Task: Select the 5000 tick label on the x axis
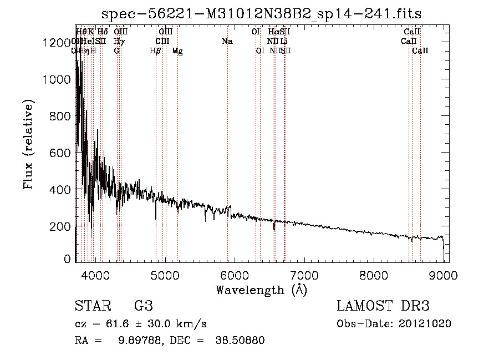tap(165, 275)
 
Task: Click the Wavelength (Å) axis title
tap(261, 290)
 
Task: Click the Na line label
tap(227, 41)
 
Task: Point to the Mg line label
tap(177, 51)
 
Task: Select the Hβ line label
tap(155, 51)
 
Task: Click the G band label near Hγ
tap(116, 51)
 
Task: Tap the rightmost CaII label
tap(420, 51)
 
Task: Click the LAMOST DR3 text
tap(383, 306)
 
